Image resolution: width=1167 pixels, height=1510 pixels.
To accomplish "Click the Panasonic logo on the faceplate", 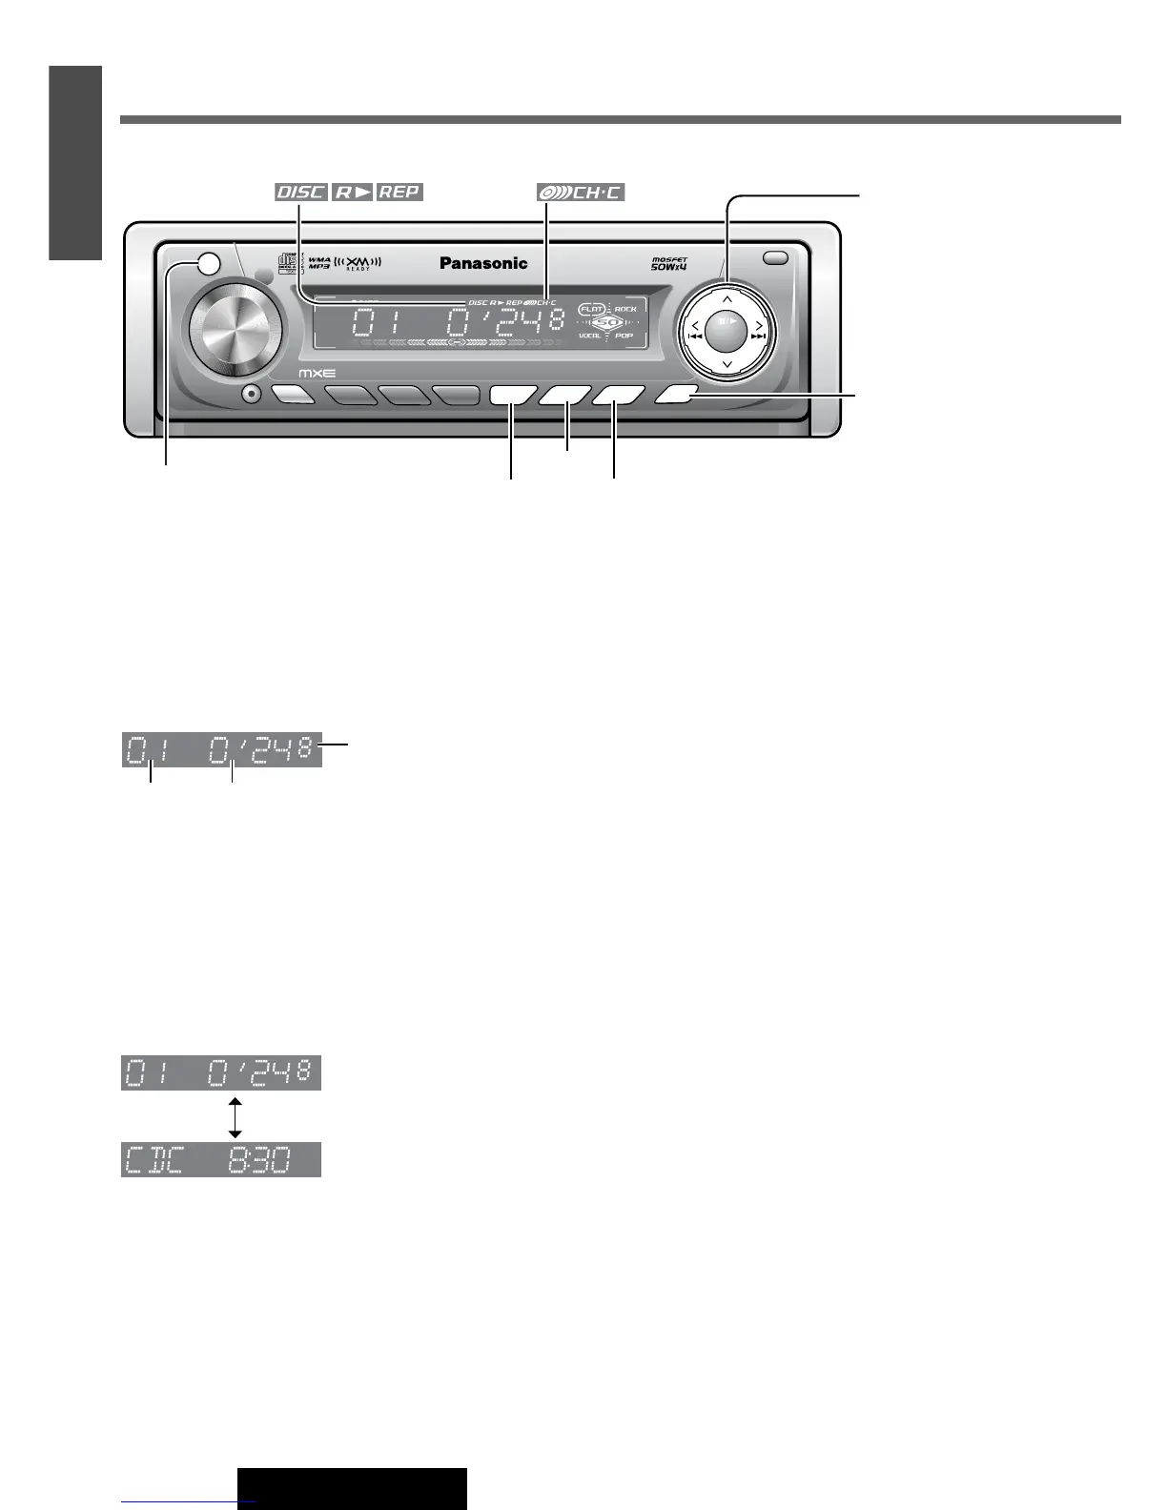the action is tap(482, 263).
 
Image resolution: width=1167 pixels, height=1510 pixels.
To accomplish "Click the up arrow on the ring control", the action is tap(727, 299).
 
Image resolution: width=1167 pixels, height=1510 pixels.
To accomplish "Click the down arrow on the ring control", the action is tap(727, 365).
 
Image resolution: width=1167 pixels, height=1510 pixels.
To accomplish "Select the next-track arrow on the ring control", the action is tap(759, 331).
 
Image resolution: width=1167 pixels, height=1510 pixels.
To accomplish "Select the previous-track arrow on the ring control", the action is tap(695, 331).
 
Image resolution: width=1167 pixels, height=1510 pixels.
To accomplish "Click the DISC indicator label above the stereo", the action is tap(300, 192).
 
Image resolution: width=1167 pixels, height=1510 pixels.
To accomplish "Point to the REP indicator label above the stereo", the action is tap(399, 192).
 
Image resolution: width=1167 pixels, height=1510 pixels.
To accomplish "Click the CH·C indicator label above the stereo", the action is tap(580, 192).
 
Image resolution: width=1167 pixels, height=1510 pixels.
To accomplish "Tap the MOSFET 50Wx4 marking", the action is tap(669, 264).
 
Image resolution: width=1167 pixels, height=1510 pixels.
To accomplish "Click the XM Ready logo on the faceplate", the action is tap(358, 263).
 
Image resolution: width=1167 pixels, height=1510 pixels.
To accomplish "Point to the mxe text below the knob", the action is tap(317, 374).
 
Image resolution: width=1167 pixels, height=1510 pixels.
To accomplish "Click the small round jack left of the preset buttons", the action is tap(252, 394).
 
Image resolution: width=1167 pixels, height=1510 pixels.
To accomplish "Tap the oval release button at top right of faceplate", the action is tap(776, 257).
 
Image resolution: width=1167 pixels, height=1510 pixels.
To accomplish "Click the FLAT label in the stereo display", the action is tap(592, 309).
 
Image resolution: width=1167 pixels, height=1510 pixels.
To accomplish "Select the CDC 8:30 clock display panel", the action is tap(221, 1159).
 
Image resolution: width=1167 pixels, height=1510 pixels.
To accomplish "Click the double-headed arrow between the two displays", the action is tap(235, 1116).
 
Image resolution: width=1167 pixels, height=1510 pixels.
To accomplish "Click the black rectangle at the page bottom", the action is tap(352, 1488).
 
